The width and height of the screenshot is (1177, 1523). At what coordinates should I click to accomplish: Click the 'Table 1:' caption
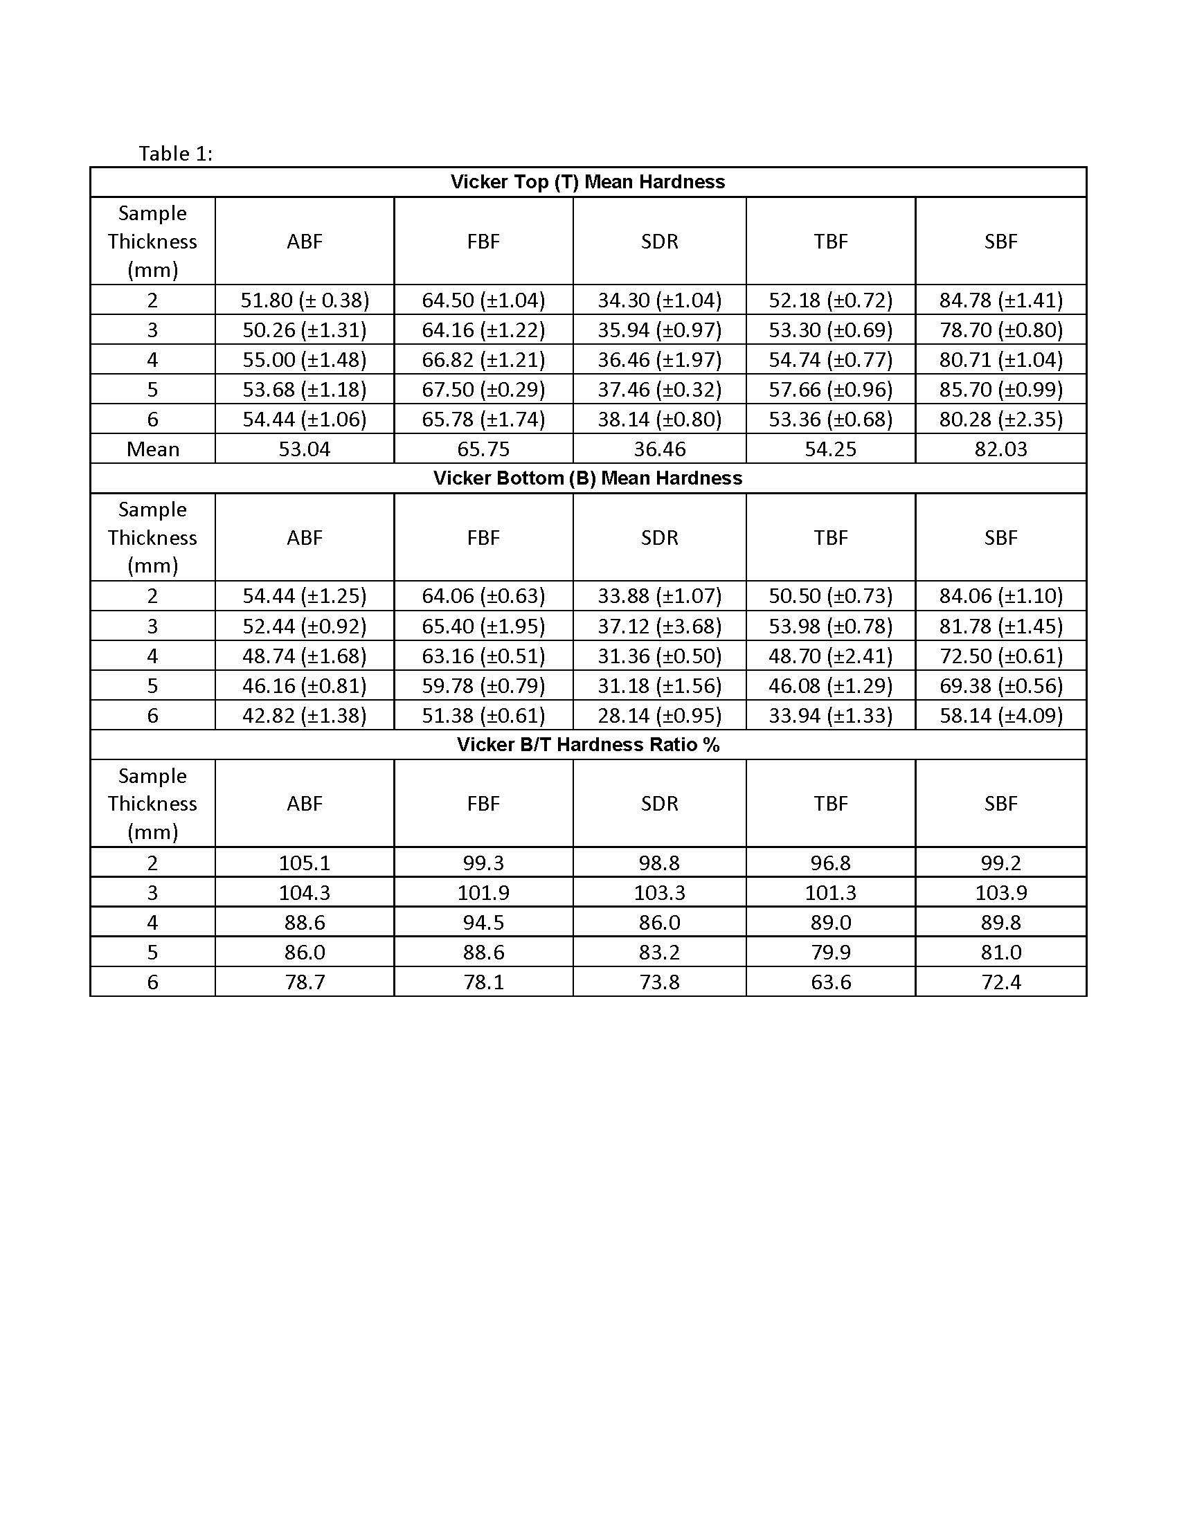pyautogui.click(x=175, y=154)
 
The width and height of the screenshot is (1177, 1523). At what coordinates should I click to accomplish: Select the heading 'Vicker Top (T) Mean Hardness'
pyautogui.click(x=587, y=182)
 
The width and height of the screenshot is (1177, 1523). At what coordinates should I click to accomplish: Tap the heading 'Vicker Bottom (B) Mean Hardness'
pyautogui.click(x=587, y=478)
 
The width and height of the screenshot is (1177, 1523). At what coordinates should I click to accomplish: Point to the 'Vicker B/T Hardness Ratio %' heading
pyautogui.click(x=587, y=745)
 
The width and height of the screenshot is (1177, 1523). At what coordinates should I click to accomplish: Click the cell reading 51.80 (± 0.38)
pyautogui.click(x=305, y=300)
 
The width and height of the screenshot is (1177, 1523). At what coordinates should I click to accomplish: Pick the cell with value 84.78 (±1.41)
pyautogui.click(x=1000, y=300)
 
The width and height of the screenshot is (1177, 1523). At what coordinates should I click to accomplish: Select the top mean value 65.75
pyautogui.click(x=483, y=449)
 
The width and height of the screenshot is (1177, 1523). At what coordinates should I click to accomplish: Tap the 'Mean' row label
pyautogui.click(x=153, y=449)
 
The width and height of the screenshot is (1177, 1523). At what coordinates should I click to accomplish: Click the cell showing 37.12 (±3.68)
pyautogui.click(x=659, y=627)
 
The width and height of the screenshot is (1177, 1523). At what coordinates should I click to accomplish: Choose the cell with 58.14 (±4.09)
pyautogui.click(x=1000, y=716)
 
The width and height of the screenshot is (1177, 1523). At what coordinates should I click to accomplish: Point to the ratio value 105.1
pyautogui.click(x=305, y=863)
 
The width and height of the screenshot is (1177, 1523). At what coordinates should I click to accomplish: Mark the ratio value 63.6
pyautogui.click(x=830, y=982)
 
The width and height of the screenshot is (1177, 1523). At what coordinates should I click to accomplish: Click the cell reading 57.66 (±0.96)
pyautogui.click(x=830, y=389)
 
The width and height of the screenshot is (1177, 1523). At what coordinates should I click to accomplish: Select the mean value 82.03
pyautogui.click(x=1000, y=449)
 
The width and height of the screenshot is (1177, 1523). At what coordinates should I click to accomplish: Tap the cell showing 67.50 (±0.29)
pyautogui.click(x=483, y=389)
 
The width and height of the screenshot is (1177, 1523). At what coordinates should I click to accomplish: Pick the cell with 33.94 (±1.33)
pyautogui.click(x=830, y=716)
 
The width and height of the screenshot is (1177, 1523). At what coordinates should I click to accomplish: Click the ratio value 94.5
pyautogui.click(x=483, y=923)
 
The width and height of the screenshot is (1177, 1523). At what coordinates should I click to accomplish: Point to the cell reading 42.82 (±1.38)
pyautogui.click(x=305, y=716)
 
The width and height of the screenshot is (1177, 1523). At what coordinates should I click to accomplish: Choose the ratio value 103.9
pyautogui.click(x=1000, y=892)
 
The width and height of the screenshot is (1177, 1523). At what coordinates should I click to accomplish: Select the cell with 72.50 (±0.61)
pyautogui.click(x=1000, y=656)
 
